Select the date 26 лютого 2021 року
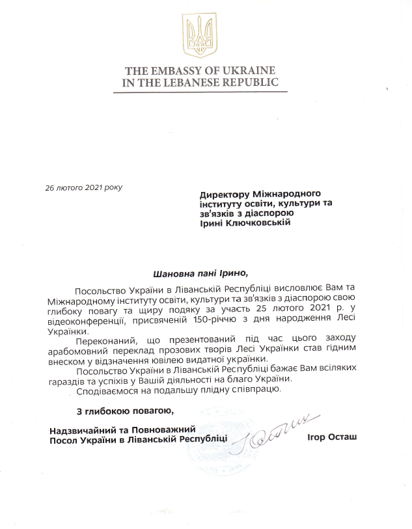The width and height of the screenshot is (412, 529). click(83, 187)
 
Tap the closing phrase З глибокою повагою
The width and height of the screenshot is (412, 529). click(123, 411)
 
